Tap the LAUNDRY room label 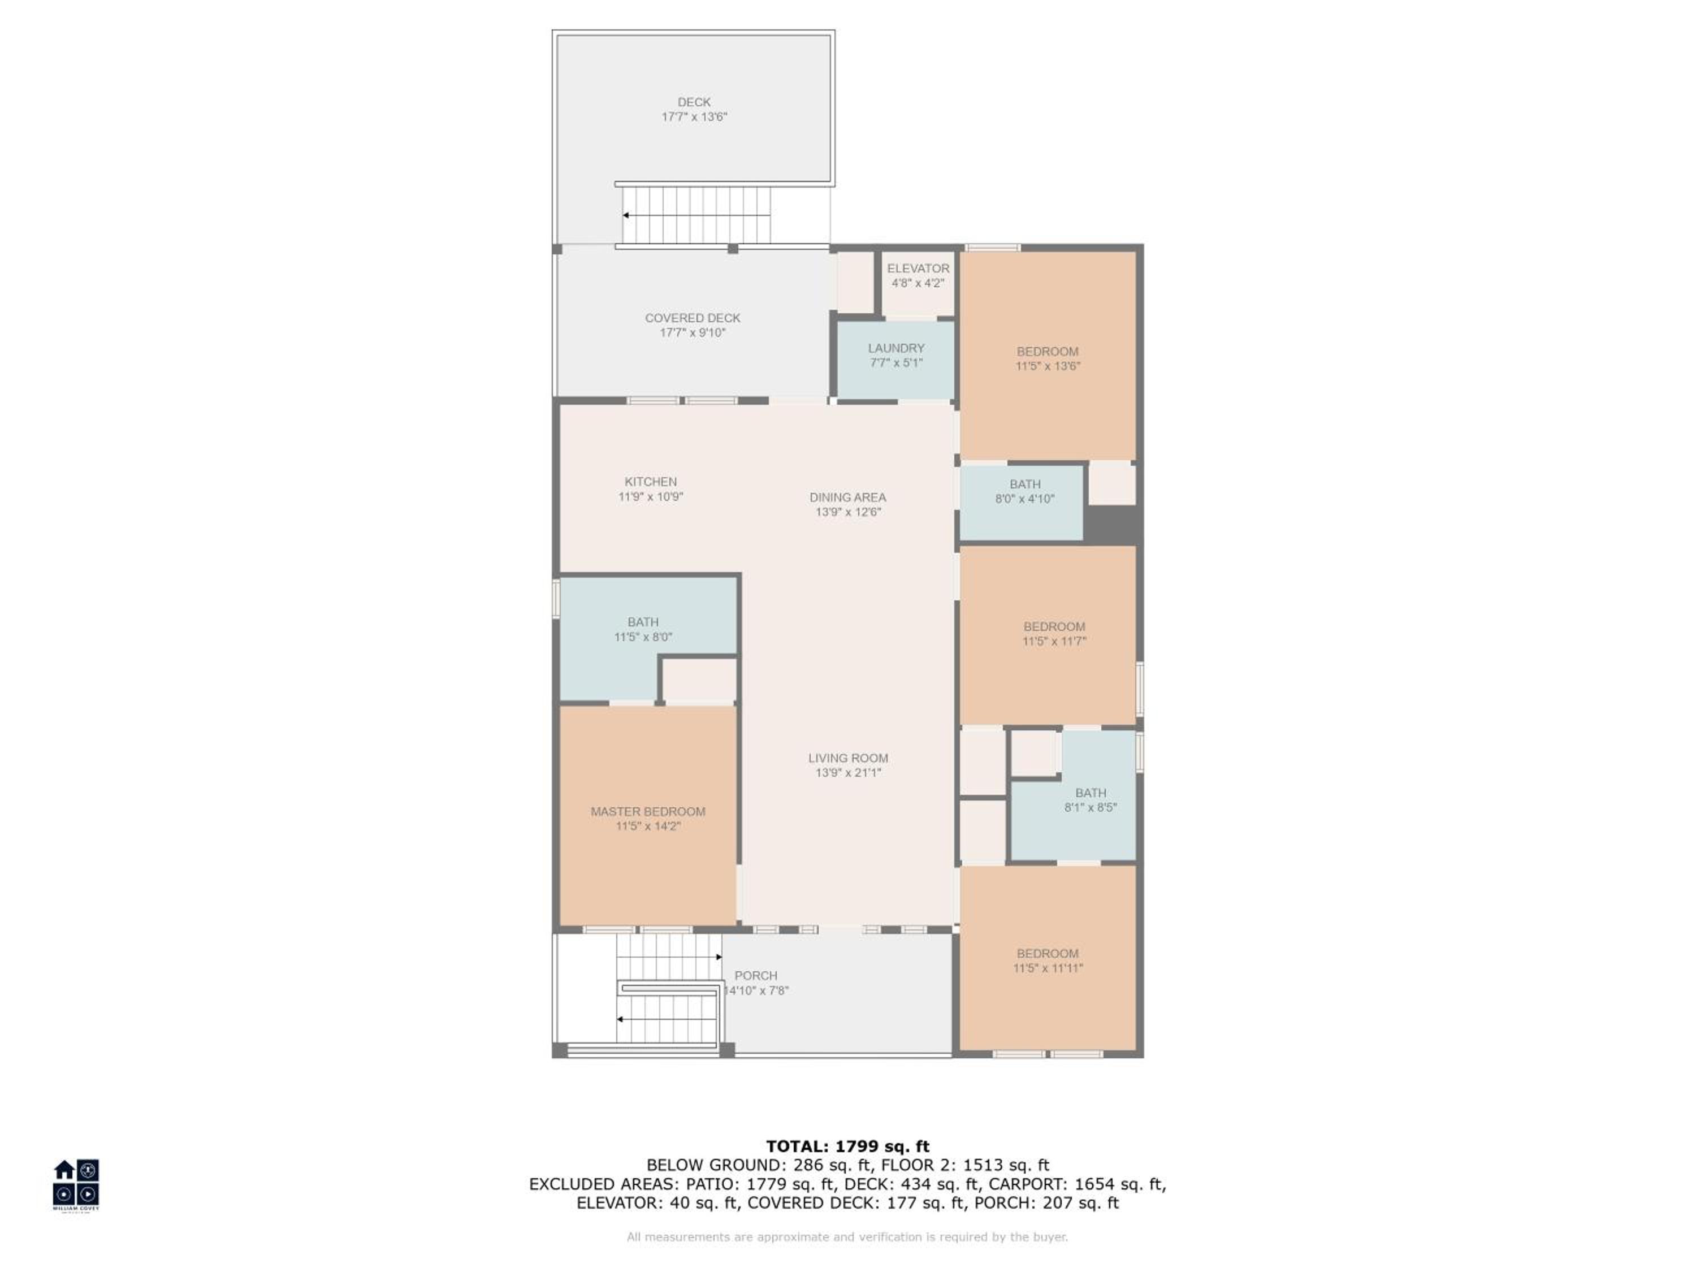895,348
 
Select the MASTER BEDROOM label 648,811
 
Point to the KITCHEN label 650,482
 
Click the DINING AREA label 847,497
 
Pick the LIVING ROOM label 848,758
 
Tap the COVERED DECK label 693,317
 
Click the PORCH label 755,975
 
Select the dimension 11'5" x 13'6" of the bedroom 1048,366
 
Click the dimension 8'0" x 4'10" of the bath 1024,499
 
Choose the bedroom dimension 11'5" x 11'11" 1048,968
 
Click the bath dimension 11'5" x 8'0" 643,637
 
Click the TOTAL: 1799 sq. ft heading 847,1146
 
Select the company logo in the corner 76,1184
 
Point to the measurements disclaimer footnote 847,1237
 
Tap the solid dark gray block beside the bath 1112,525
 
